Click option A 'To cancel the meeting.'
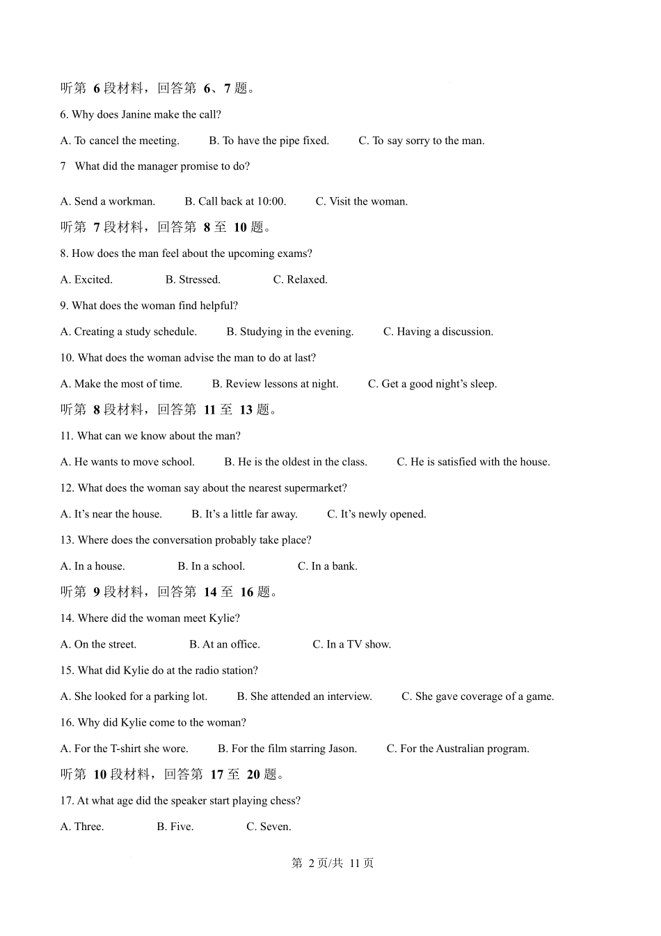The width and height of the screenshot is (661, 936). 120,141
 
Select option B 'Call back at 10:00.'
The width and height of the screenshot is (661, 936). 235,201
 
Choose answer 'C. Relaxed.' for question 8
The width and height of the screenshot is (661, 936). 300,280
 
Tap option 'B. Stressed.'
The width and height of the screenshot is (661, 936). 193,280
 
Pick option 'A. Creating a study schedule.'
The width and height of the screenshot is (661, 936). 129,331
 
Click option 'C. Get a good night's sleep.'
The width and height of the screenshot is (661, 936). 432,384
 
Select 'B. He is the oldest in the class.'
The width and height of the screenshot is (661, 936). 296,462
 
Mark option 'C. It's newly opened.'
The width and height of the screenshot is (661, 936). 376,514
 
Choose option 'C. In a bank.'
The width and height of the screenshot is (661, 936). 327,566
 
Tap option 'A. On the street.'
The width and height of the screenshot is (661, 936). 99,644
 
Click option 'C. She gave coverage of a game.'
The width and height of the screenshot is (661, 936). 477,696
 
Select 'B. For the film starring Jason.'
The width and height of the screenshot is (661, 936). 287,749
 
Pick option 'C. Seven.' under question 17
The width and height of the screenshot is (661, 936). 269,827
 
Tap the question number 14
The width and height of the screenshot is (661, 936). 67,618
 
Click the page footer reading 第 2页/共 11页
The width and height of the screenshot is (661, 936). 332,863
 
